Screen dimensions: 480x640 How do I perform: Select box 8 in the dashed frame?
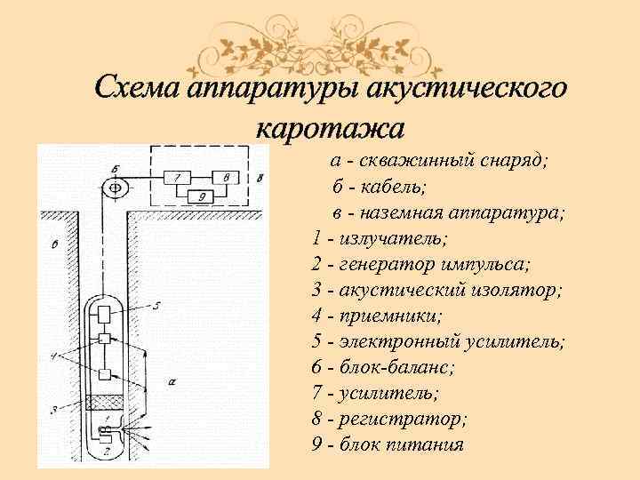pyautogui.click(x=226, y=178)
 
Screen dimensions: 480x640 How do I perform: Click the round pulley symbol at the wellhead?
pyautogui.click(x=115, y=188)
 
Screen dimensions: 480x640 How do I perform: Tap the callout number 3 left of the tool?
pyautogui.click(x=53, y=408)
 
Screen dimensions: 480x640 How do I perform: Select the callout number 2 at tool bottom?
pyautogui.click(x=106, y=451)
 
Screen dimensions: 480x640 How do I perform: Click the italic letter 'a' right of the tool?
pyautogui.click(x=170, y=380)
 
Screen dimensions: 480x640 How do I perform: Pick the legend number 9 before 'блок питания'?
pyautogui.click(x=317, y=444)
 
